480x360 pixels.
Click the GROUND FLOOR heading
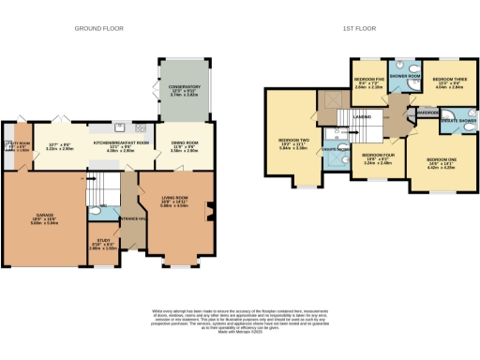[x=100, y=29]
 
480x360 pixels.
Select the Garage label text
[x=45, y=218]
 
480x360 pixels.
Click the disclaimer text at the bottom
[x=240, y=316]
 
